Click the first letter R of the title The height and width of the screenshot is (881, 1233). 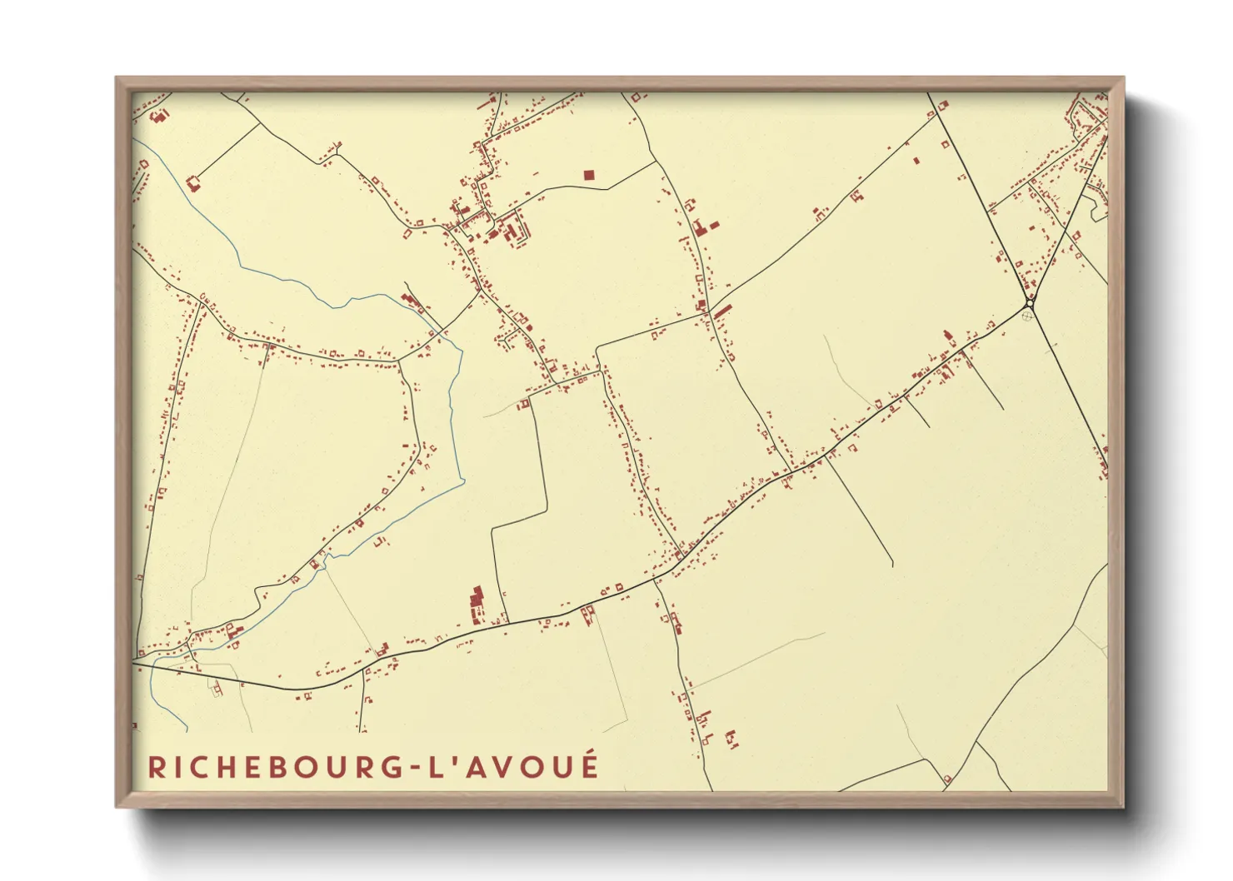155,767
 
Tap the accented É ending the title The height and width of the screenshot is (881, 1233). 590,765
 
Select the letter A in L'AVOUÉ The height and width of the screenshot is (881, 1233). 474,767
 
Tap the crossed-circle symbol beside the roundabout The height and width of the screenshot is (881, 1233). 1027,316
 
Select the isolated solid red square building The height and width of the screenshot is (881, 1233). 589,175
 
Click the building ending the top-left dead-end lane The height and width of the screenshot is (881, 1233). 193,182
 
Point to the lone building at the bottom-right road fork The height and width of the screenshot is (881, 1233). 947,779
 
